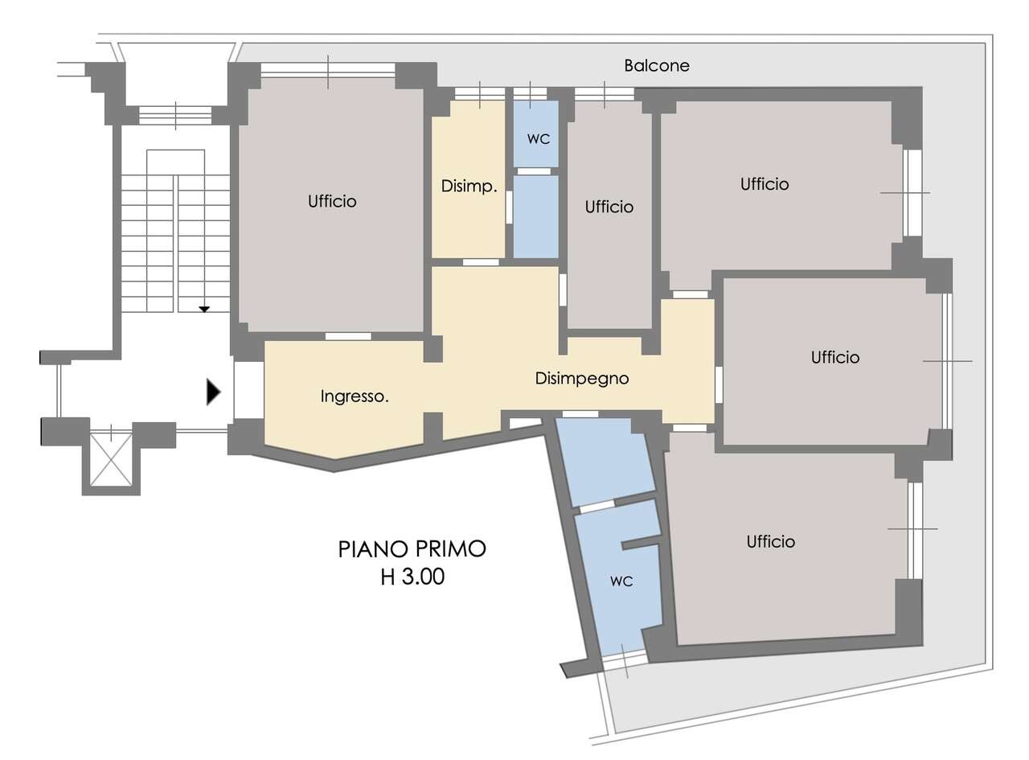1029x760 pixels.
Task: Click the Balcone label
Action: tap(656, 65)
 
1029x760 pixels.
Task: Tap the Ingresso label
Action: tap(355, 396)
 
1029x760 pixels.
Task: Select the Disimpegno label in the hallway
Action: tap(582, 378)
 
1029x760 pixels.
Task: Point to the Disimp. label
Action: tap(469, 186)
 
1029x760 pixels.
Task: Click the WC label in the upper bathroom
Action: tap(538, 139)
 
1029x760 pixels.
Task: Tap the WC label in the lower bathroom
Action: tap(621, 581)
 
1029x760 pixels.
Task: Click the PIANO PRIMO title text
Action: tap(412, 548)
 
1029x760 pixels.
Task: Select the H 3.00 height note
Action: tap(412, 577)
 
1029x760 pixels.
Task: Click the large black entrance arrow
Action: tap(213, 392)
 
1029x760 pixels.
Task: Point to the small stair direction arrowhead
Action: tap(204, 309)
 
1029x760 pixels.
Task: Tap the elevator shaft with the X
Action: tap(111, 460)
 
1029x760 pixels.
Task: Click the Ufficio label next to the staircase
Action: tap(332, 202)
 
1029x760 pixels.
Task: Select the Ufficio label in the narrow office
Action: tap(609, 207)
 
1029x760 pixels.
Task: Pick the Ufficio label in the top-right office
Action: tap(764, 184)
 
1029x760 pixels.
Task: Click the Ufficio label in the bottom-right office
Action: tap(771, 542)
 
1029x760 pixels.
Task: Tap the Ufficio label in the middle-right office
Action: tap(835, 358)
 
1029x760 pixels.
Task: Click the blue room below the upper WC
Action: tap(536, 216)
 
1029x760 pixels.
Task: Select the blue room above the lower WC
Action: tap(605, 461)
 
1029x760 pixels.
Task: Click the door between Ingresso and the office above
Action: tap(348, 336)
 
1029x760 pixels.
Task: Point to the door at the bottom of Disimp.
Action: tap(481, 262)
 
